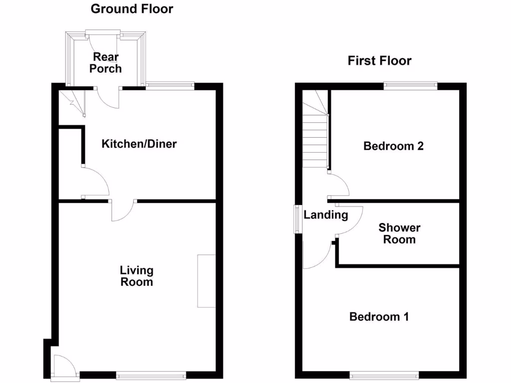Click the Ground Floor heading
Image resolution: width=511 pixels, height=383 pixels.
(132, 8)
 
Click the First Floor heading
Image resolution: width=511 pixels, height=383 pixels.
(379, 61)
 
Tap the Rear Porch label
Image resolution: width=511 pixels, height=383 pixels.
(105, 63)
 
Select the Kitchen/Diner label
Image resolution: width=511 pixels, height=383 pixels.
(139, 144)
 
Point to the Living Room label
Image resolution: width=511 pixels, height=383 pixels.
(136, 276)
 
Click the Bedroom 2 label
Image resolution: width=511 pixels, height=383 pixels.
(393, 146)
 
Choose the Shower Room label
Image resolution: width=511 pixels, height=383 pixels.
(399, 233)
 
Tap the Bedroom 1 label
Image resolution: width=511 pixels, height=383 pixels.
(379, 317)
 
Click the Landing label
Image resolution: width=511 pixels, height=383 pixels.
(325, 215)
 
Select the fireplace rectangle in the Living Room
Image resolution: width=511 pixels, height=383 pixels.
(206, 281)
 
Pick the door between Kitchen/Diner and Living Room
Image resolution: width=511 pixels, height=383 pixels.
(122, 209)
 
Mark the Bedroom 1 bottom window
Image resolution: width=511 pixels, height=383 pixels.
(384, 376)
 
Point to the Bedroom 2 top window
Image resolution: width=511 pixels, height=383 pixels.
(411, 86)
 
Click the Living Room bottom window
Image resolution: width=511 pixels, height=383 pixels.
(151, 376)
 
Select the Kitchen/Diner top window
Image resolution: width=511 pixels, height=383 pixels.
(170, 86)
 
